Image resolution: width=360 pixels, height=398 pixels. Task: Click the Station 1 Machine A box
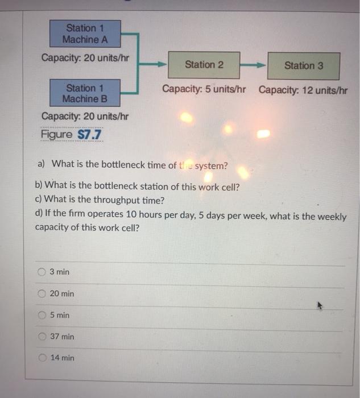(85, 34)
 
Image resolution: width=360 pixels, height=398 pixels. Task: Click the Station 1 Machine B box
(85, 93)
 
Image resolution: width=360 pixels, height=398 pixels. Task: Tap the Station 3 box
(304, 65)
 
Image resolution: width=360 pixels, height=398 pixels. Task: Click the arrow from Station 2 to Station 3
(254, 65)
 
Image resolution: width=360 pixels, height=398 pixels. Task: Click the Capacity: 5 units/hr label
(204, 90)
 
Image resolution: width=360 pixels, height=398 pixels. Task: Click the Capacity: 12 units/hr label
(303, 90)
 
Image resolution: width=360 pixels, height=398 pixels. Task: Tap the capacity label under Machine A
(85, 58)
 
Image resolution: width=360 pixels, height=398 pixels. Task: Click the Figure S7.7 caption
(72, 135)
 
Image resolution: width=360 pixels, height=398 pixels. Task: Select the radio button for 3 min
(42, 272)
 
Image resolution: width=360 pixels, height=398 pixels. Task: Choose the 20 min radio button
(42, 294)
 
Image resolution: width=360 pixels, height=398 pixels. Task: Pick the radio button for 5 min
(42, 315)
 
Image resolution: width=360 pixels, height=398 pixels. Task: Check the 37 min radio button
(42, 337)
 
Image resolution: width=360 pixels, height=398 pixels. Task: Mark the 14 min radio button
(42, 358)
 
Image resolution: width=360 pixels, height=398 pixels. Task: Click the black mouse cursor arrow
(320, 306)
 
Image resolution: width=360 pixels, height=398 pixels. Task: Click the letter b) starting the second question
(39, 185)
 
